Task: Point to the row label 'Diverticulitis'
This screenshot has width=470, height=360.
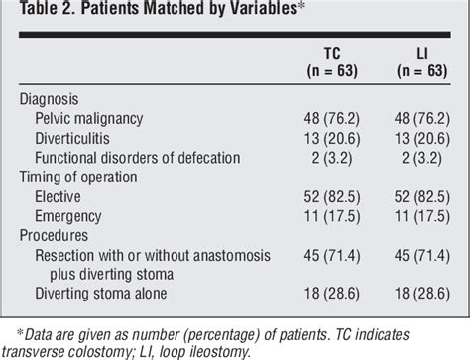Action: coord(81,139)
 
